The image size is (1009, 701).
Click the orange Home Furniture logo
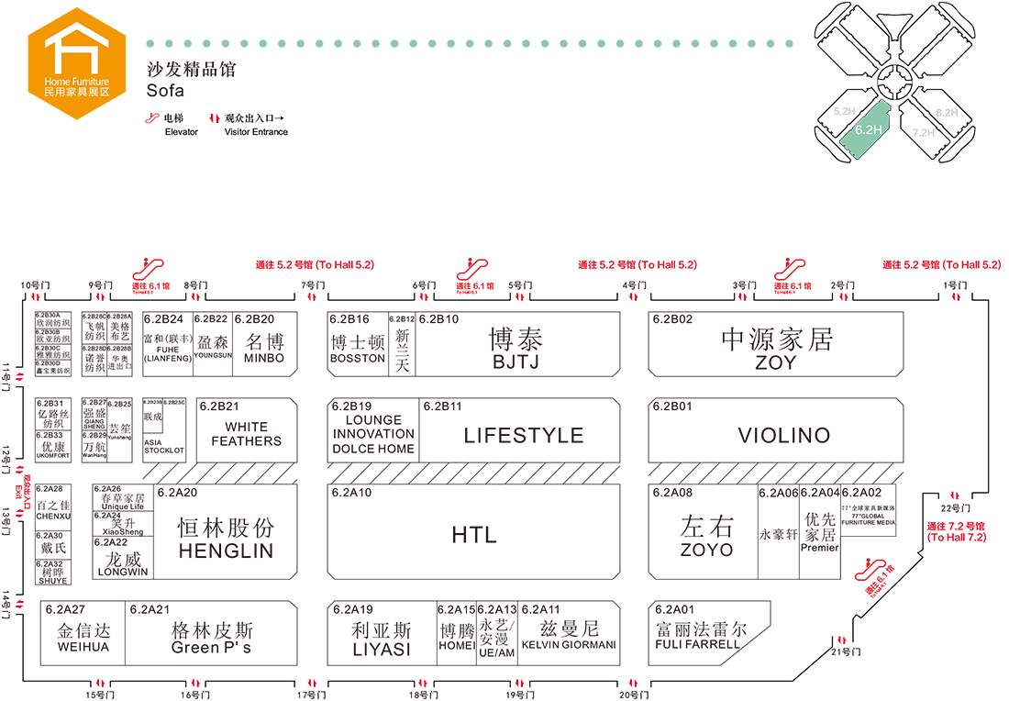(x=77, y=58)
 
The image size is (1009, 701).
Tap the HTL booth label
(x=473, y=535)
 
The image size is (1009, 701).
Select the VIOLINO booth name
(x=783, y=436)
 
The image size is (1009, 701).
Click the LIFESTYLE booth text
(x=523, y=436)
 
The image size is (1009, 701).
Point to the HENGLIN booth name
(x=226, y=551)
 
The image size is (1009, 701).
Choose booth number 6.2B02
(x=672, y=319)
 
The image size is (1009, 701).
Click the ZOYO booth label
(x=706, y=550)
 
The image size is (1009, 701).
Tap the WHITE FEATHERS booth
(x=247, y=434)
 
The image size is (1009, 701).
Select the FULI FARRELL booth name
(x=698, y=644)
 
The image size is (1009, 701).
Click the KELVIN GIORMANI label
(x=569, y=645)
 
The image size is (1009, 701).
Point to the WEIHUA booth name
(x=83, y=647)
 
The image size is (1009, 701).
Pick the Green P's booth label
(x=211, y=648)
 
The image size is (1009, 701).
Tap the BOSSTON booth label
(x=358, y=358)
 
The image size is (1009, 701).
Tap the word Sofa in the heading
(x=165, y=91)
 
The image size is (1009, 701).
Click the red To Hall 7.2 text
(x=956, y=537)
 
